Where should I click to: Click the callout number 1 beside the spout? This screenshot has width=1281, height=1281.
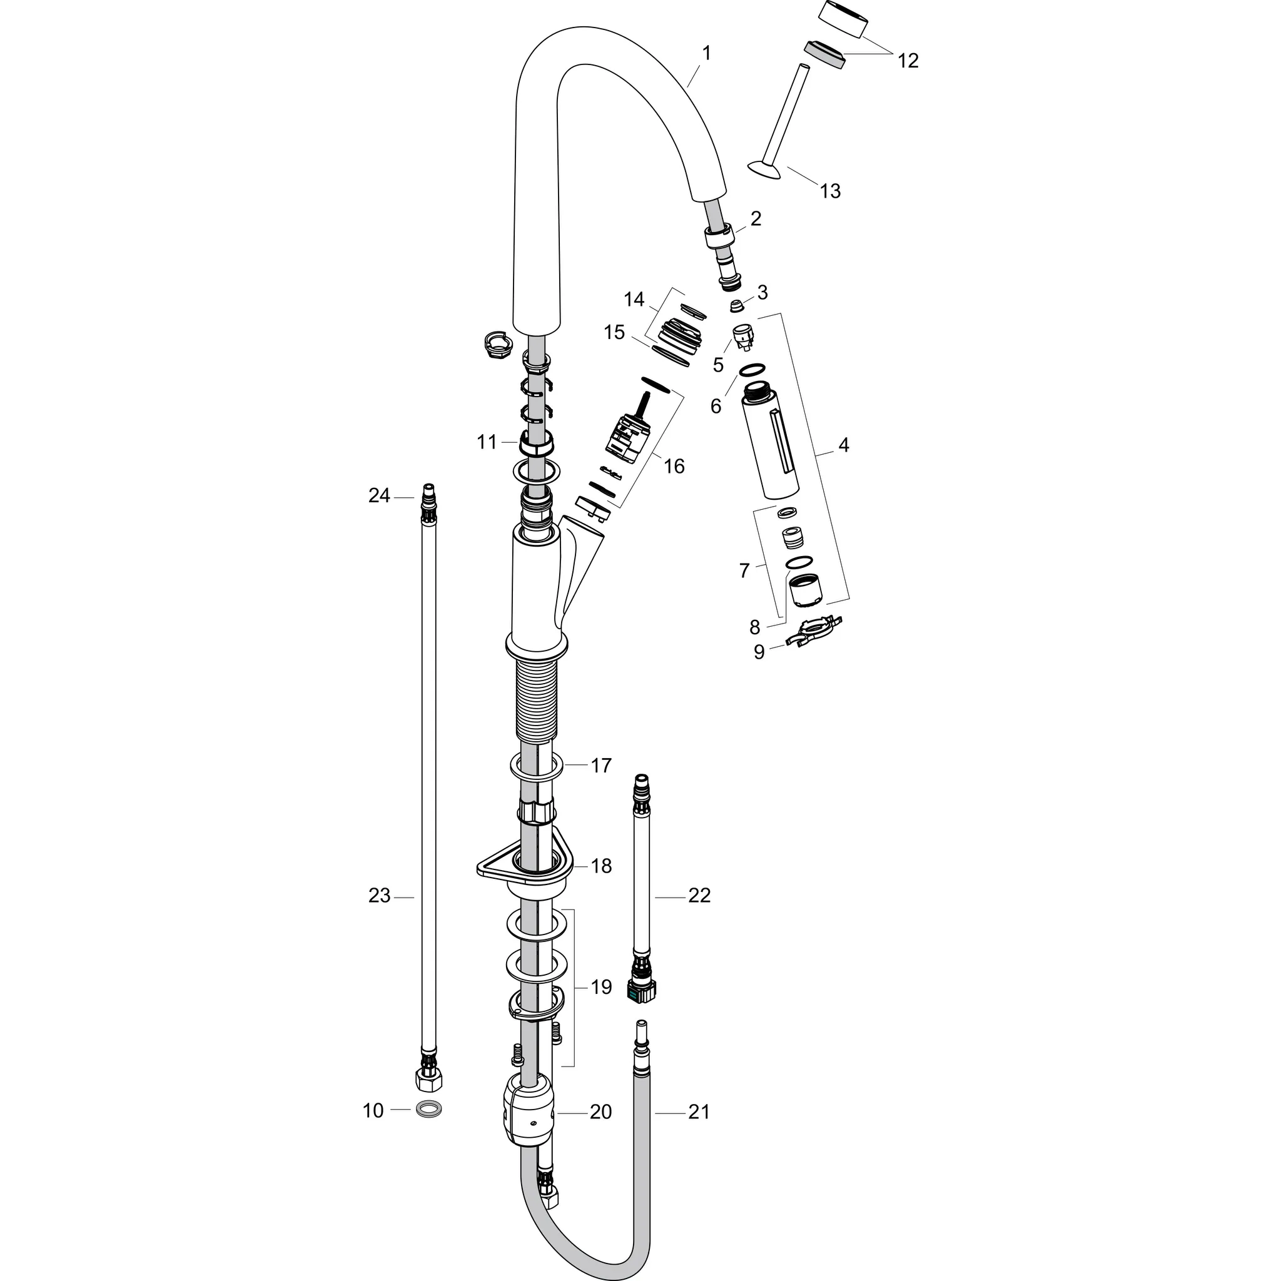click(x=706, y=53)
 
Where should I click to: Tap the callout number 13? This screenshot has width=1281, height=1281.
click(x=830, y=191)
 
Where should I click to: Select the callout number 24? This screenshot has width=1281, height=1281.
click(x=379, y=495)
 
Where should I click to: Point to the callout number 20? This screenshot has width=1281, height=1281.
click(x=600, y=1112)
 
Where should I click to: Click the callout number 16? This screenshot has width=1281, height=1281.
click(x=674, y=466)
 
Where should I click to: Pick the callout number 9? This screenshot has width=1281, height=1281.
click(x=759, y=652)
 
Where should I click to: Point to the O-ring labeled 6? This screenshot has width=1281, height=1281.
click(x=751, y=368)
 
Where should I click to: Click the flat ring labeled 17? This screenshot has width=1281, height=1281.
click(x=537, y=766)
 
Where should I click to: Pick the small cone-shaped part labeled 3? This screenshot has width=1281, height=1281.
click(x=736, y=306)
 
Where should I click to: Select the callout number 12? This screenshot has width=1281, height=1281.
click(x=908, y=60)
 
